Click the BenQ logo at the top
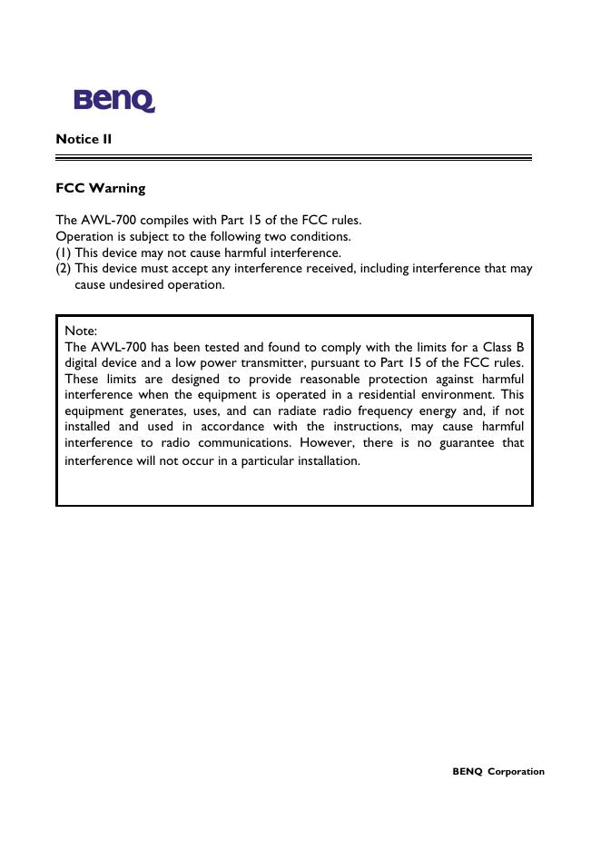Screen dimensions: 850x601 click(x=114, y=100)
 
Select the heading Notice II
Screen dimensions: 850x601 click(x=84, y=139)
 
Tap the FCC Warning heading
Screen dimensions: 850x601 click(x=100, y=189)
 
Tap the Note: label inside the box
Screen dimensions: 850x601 click(x=81, y=331)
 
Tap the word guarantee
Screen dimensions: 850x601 click(x=469, y=442)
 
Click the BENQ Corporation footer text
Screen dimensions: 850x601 click(x=498, y=772)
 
